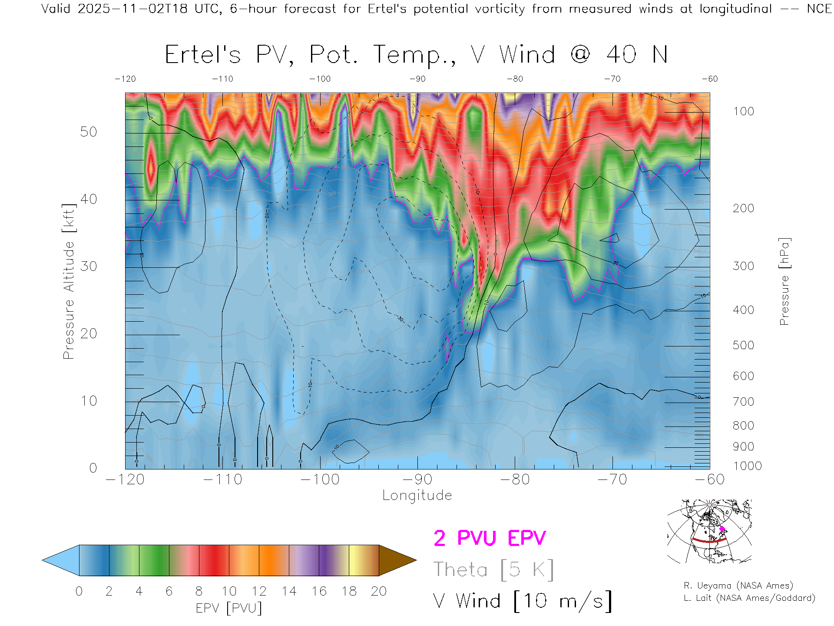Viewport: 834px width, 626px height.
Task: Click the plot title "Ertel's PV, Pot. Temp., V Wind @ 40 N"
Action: coord(416,55)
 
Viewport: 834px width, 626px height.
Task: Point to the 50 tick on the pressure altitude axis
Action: coord(89,132)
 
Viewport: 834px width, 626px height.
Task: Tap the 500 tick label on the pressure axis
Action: coord(743,345)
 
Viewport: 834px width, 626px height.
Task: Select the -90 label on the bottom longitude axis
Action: coord(417,479)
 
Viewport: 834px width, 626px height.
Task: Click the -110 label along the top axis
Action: coord(222,79)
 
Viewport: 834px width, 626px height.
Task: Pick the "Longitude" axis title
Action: coord(417,496)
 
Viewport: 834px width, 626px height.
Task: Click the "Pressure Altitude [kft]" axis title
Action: coord(69,281)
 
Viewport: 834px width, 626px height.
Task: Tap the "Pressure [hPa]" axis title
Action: coord(784,281)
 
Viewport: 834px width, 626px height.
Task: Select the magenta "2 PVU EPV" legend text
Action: coord(490,538)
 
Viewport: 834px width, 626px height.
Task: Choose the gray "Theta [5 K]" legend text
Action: coord(493,569)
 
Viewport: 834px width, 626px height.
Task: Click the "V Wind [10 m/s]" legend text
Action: coord(523,601)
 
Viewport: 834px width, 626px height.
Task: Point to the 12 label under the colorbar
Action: coord(259,591)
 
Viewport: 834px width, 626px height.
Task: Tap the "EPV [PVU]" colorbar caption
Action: coord(229,608)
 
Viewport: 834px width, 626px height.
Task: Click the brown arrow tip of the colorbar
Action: coord(397,560)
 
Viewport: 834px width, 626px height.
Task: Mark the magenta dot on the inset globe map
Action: coord(722,529)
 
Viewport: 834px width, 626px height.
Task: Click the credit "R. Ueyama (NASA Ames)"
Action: coord(738,586)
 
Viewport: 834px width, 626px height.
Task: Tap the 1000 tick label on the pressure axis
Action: coord(747,466)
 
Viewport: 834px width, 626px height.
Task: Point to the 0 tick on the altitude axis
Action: coord(93,468)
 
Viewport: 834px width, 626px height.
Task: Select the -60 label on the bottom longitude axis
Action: coord(710,479)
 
